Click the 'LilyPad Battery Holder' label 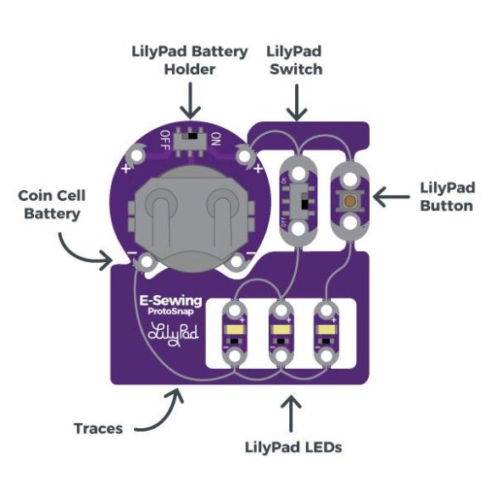[x=189, y=60]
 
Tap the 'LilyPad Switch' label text [x=294, y=60]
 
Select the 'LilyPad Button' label [x=448, y=197]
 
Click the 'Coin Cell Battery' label [x=52, y=204]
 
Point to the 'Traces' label [x=98, y=429]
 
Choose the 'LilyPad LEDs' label [x=293, y=448]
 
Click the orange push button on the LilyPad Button [x=349, y=200]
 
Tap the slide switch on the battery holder [x=191, y=141]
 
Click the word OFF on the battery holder [x=165, y=140]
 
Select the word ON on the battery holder [x=216, y=139]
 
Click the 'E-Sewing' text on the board [x=170, y=301]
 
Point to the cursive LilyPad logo [x=173, y=334]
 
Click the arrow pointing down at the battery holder [x=191, y=101]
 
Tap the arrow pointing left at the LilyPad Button [x=392, y=197]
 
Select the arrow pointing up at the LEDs [x=291, y=414]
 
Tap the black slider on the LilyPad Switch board [x=304, y=204]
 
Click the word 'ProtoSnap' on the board [x=170, y=311]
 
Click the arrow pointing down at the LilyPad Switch [x=297, y=103]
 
